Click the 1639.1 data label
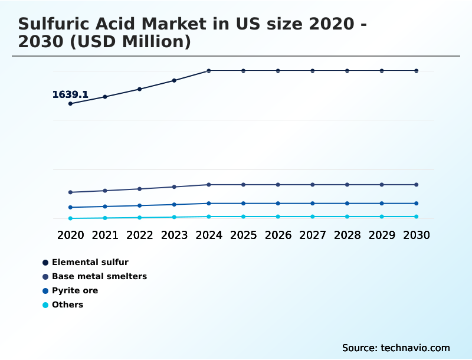(70, 94)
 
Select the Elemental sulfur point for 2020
(70, 104)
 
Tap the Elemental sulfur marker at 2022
(140, 89)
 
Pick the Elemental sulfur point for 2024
(209, 71)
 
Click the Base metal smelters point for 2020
(70, 192)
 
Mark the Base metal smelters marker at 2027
(313, 185)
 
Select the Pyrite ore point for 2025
(243, 204)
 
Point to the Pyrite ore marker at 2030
(416, 204)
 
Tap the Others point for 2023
(174, 217)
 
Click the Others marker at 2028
(347, 217)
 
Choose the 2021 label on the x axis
(105, 235)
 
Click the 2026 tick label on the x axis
(278, 235)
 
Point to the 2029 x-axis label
(382, 235)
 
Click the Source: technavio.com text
(396, 348)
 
